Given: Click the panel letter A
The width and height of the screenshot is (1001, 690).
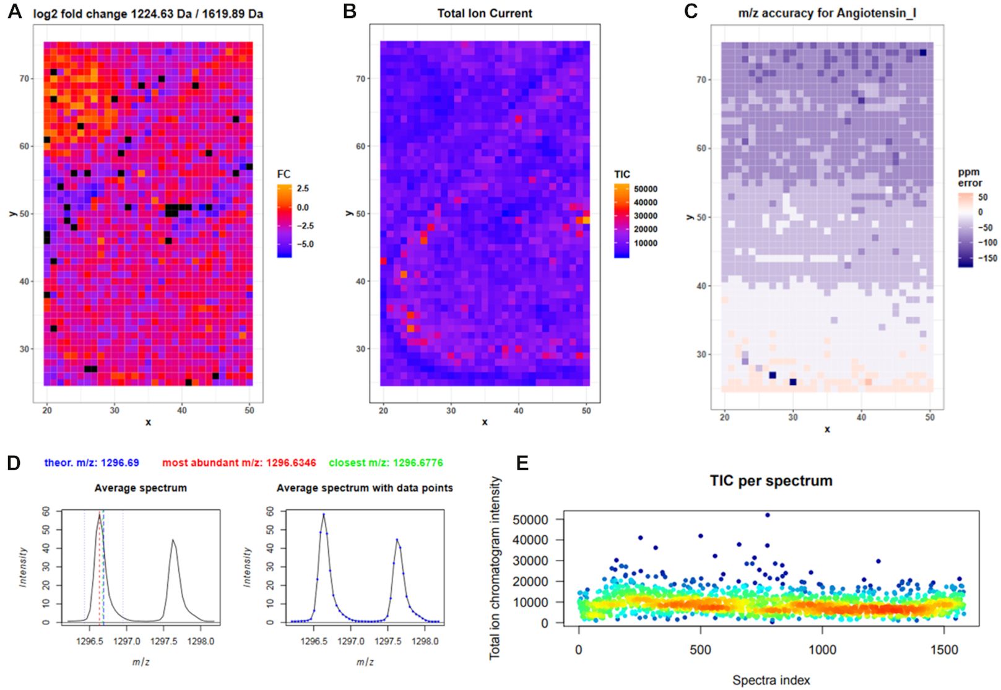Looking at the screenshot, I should click(x=14, y=12).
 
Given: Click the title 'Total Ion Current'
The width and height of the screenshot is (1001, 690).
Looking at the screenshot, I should click(x=484, y=13).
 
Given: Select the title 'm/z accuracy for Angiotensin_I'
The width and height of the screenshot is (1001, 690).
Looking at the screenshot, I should click(x=826, y=13).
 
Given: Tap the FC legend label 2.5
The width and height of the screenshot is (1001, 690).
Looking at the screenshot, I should click(x=303, y=188).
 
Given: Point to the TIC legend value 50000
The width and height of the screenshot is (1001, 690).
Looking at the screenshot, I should click(x=646, y=189).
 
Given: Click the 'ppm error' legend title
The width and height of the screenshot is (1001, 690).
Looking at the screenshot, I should click(x=969, y=178).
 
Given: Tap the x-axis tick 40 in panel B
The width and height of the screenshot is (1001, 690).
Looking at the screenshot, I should click(x=518, y=410).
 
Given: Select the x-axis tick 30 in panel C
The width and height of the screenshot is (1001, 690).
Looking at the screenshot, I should click(x=793, y=417).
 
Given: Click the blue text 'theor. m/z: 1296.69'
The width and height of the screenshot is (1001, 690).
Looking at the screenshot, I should click(x=92, y=463).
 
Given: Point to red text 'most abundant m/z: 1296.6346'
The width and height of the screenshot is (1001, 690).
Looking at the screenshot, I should click(x=239, y=463).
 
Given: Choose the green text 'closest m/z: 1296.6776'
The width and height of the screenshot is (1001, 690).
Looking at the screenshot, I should click(x=386, y=463).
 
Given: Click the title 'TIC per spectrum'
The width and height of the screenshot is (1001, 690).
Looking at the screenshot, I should click(x=771, y=481).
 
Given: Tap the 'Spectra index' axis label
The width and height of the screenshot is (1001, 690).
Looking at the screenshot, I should click(x=771, y=680).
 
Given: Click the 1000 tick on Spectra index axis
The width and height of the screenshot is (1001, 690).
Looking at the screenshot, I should click(x=822, y=650).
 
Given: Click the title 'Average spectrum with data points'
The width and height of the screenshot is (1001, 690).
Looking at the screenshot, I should click(x=365, y=488).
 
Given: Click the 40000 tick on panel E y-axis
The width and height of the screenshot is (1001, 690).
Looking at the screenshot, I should click(x=531, y=540).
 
